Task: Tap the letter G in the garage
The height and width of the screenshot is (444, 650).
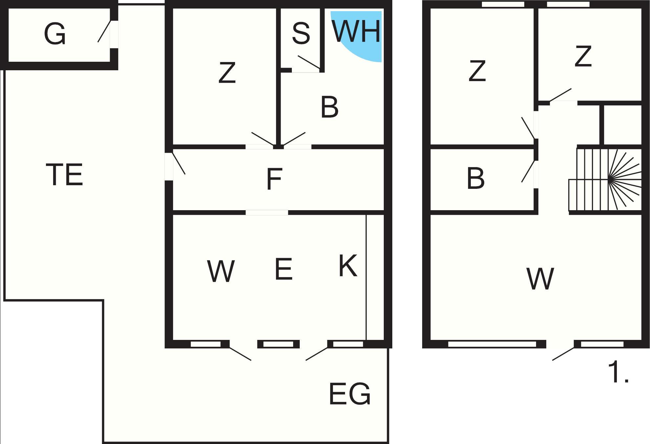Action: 55,34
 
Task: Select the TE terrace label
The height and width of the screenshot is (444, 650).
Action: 64,174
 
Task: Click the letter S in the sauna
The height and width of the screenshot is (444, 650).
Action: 301,33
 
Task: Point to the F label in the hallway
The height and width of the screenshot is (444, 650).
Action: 274,179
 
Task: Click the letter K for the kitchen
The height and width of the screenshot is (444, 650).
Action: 348,266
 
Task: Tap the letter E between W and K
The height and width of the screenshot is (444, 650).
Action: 284,269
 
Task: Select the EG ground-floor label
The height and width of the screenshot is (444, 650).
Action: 350,393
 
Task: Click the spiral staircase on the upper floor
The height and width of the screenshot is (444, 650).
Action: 605,180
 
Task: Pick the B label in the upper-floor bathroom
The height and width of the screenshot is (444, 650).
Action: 475,178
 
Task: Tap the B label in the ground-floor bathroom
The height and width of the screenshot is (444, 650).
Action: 330,107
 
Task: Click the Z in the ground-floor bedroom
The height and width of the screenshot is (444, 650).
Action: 227,73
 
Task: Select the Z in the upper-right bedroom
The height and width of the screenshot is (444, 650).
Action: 583,56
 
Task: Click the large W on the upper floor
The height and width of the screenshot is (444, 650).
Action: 540,279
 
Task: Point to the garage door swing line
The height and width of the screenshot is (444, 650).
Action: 104,32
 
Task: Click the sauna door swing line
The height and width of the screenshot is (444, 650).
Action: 309,62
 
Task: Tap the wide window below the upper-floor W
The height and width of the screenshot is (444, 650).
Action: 492,344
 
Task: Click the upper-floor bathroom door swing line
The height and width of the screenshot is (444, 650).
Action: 528,171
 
